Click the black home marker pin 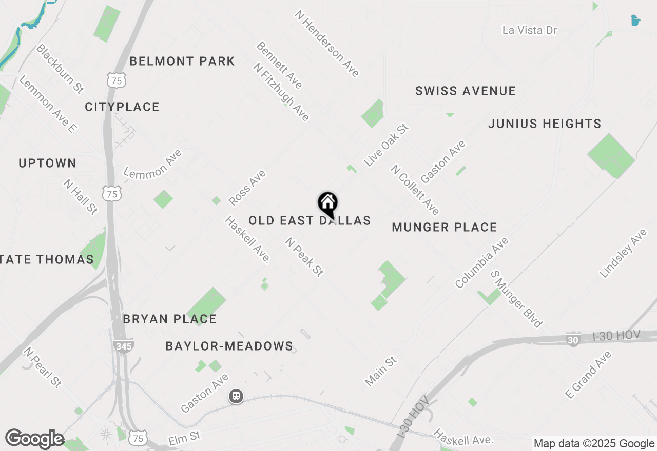327,204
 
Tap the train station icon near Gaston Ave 236,396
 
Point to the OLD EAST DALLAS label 310,221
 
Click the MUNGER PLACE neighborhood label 445,227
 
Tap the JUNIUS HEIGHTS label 545,124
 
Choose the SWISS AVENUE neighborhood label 465,91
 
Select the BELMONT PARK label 182,61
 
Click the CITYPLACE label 122,107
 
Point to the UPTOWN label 48,163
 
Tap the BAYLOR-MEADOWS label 229,346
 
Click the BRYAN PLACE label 169,319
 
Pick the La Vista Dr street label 530,30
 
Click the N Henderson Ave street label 327,44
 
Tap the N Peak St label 305,257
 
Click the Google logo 34,439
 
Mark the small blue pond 635,20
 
